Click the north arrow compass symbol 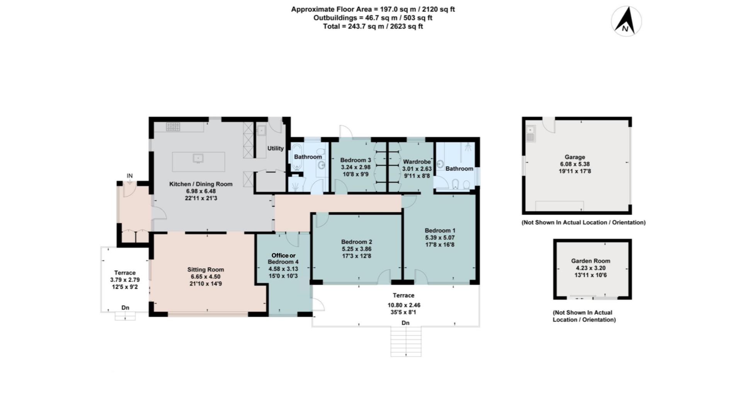pos(626,21)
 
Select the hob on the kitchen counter pos(173,127)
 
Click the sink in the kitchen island pos(198,158)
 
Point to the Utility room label pos(275,148)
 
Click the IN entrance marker pos(129,176)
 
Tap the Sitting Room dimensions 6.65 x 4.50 pos(205,277)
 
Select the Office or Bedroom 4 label pos(283,258)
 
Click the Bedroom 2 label pos(356,242)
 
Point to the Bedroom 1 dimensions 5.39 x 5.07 pos(440,238)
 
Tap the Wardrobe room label pos(417,162)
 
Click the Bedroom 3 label pos(355,160)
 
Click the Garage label pos(574,157)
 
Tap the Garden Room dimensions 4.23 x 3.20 pos(591,268)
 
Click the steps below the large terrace pos(405,342)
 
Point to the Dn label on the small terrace pos(125,308)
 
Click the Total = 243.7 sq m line pos(373,27)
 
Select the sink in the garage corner pos(530,134)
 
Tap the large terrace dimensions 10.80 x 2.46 pos(403,305)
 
